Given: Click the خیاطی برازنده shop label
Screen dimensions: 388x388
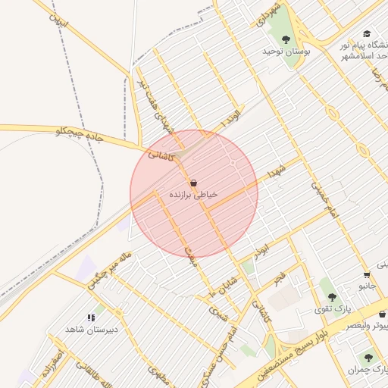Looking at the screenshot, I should coord(193,195).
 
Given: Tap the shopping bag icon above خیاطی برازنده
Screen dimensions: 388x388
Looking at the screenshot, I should coord(193,183).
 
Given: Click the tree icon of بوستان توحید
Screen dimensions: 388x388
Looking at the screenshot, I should coord(286,39).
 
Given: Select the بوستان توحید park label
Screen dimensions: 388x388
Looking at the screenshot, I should coord(277,51).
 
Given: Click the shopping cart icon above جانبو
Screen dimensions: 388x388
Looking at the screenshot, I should coord(367,274).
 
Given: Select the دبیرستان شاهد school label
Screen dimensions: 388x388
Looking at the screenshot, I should coord(90,330).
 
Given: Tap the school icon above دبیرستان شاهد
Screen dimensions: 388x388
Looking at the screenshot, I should coord(92,318).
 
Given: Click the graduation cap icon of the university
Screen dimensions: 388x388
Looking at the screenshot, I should coord(367,34).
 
